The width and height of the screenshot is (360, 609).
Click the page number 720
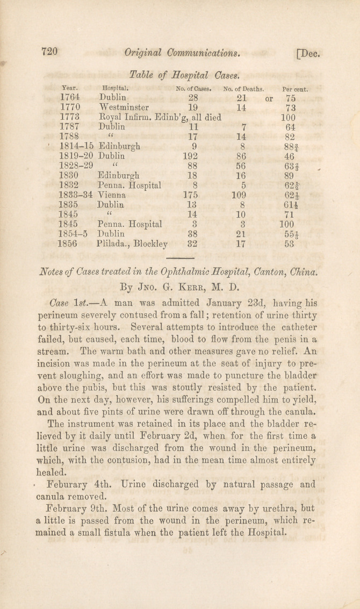click(x=49, y=52)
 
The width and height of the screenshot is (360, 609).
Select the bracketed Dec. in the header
click(x=308, y=53)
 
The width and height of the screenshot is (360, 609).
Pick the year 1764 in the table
click(x=71, y=98)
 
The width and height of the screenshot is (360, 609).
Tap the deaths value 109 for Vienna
click(x=239, y=195)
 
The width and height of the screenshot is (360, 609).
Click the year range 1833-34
click(x=76, y=195)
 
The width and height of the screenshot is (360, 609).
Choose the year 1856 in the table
click(x=69, y=243)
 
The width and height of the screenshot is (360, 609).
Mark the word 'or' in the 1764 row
click(x=269, y=98)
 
